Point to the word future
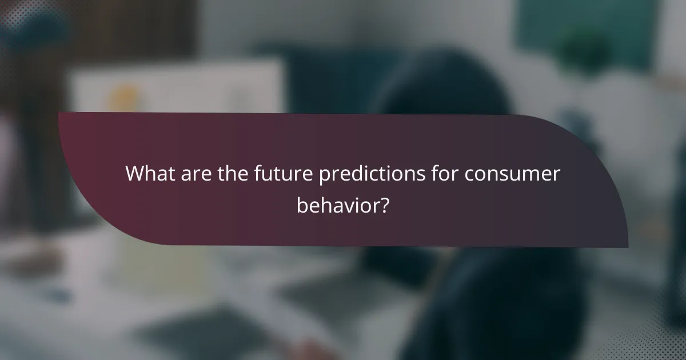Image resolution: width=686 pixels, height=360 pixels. (280, 173)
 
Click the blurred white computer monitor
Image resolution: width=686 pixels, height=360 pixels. (177, 86)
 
